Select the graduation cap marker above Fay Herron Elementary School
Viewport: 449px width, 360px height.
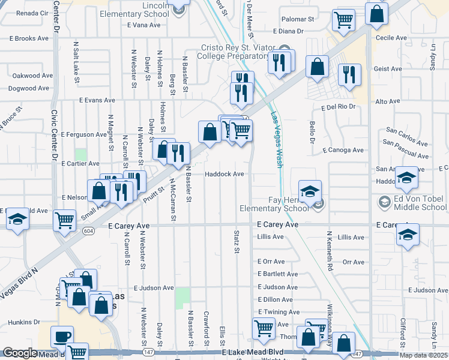click(x=310, y=192)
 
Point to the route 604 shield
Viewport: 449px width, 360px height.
click(x=89, y=230)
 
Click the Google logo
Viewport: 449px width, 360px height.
click(x=20, y=353)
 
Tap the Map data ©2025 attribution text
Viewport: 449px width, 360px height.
click(x=423, y=355)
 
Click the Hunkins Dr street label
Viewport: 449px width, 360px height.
click(x=24, y=322)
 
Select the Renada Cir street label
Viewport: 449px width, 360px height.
click(x=32, y=13)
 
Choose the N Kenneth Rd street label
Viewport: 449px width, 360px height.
click(x=330, y=250)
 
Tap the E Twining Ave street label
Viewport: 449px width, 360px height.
click(x=279, y=312)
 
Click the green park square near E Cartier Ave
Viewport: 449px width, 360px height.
click(x=80, y=154)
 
